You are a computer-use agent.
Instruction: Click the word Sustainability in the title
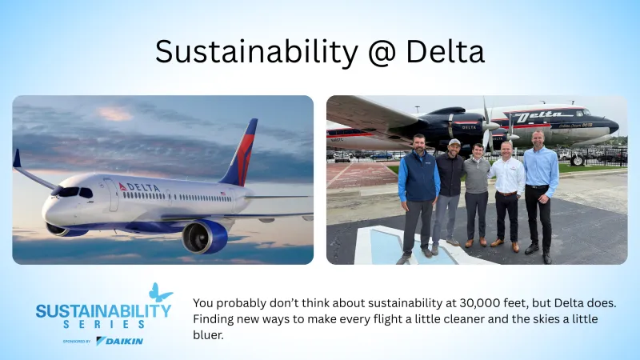(255, 52)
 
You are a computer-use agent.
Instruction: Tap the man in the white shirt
(506, 188)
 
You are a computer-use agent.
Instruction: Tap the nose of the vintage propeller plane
(613, 126)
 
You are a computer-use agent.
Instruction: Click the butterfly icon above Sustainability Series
(160, 293)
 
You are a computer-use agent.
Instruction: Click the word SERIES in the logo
(105, 324)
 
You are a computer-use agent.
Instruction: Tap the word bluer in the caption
(209, 335)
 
